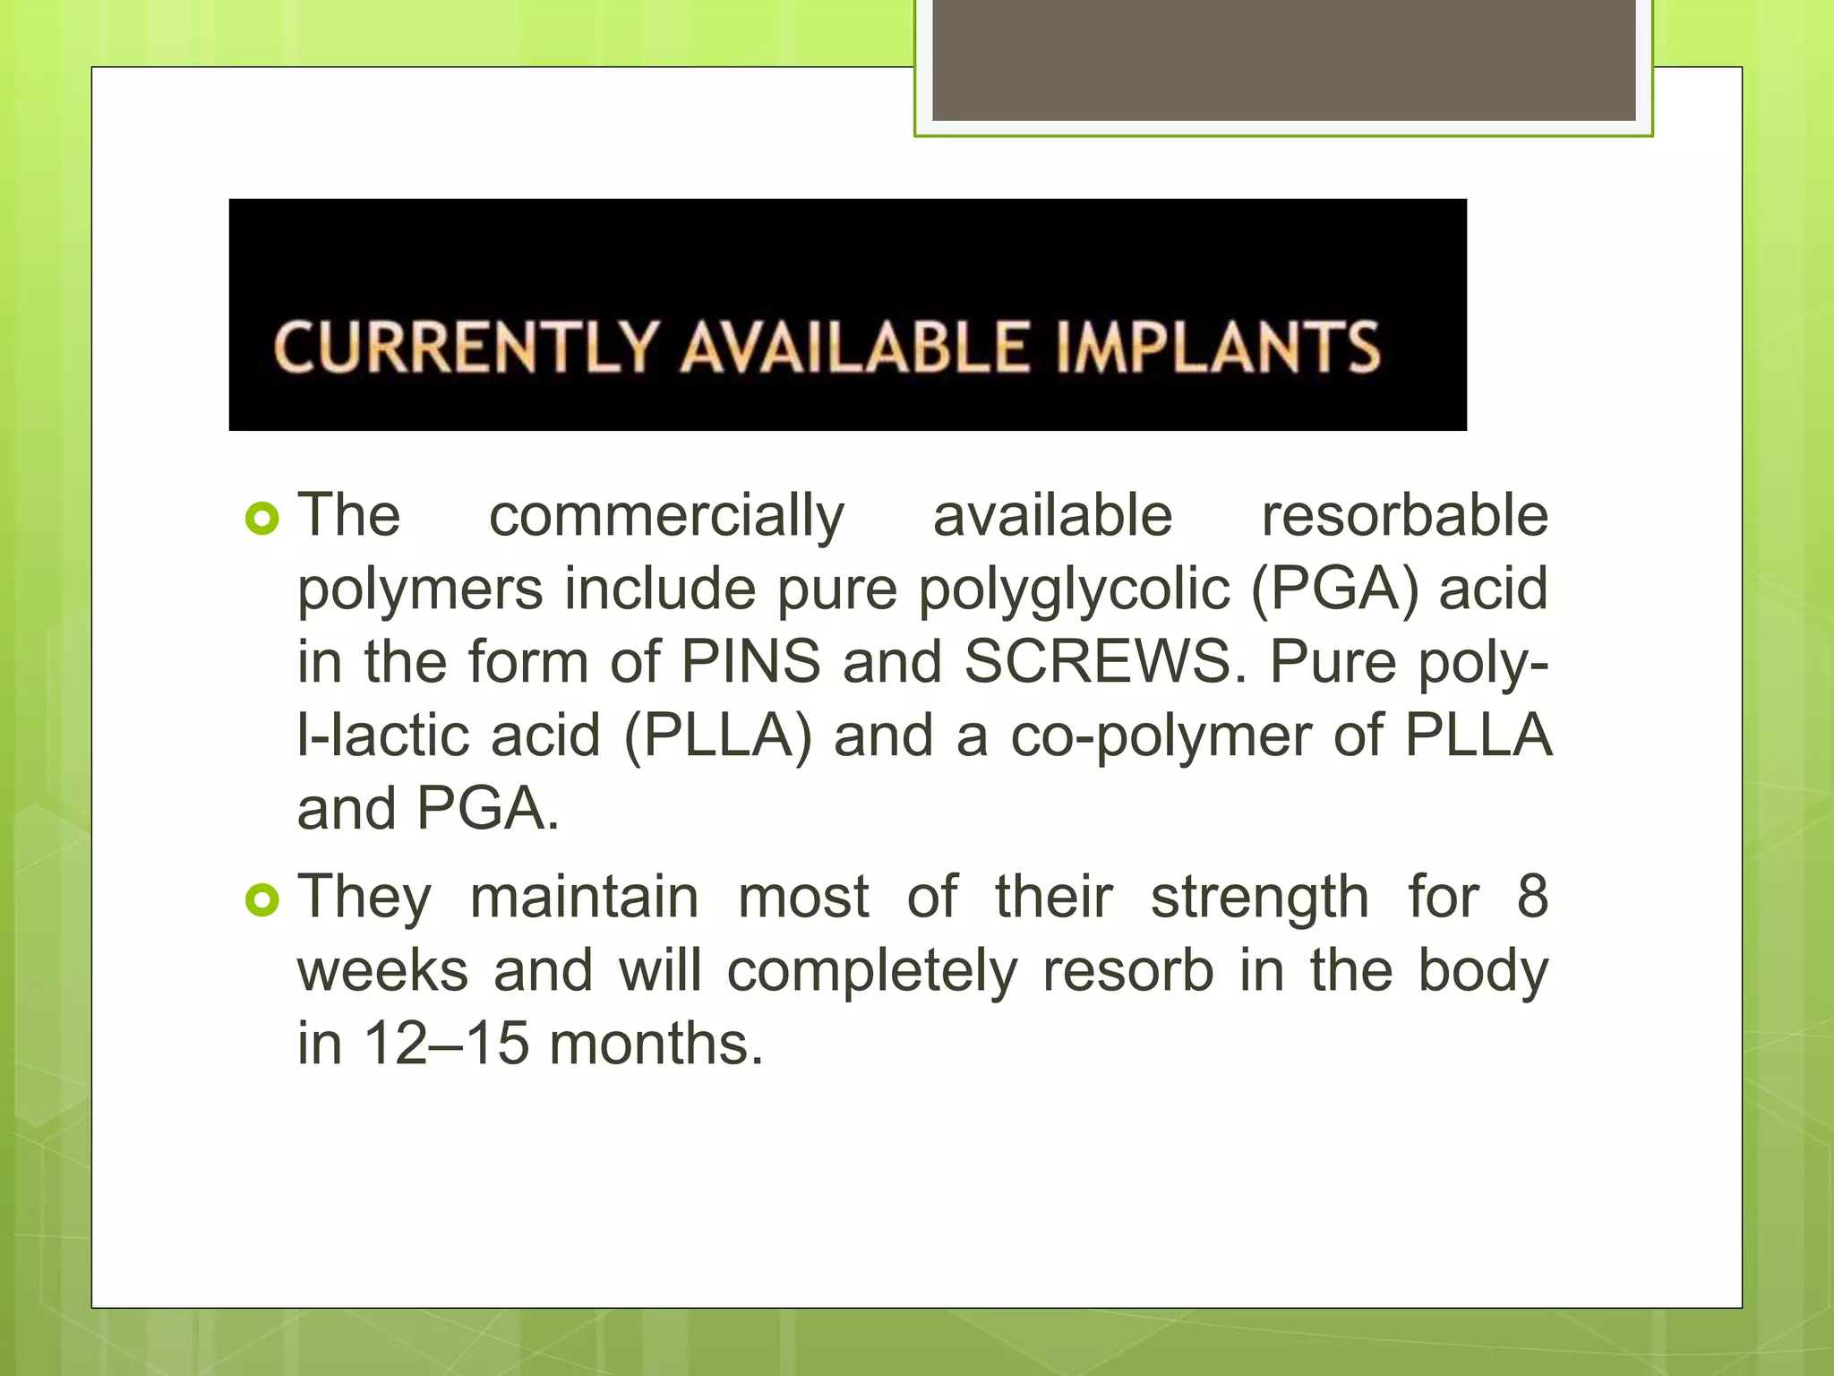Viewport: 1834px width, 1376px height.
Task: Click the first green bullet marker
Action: point(261,518)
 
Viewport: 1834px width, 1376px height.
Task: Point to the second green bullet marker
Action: point(261,899)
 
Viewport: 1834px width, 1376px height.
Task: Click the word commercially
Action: point(666,517)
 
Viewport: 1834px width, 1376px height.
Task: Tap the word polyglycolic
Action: point(1074,590)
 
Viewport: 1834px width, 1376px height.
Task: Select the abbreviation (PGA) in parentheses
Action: point(1334,590)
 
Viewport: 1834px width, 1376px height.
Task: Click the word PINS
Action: point(750,662)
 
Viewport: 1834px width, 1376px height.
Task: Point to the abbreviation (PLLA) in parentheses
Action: point(717,736)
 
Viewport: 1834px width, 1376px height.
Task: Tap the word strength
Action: point(1259,898)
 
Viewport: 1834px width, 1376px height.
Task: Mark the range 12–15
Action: point(446,1044)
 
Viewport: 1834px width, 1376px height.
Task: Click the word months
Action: point(656,1044)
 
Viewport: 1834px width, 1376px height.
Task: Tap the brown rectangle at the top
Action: point(1283,60)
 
